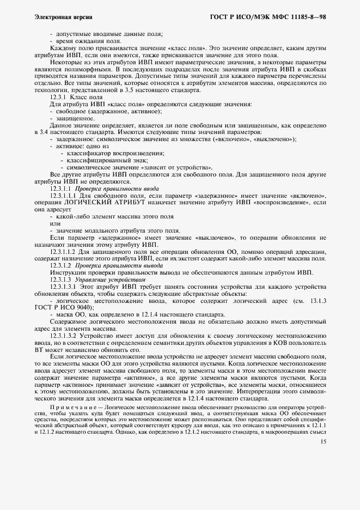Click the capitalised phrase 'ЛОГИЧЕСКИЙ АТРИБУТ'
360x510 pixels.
tap(112, 202)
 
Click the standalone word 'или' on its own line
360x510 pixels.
tap(55, 223)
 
